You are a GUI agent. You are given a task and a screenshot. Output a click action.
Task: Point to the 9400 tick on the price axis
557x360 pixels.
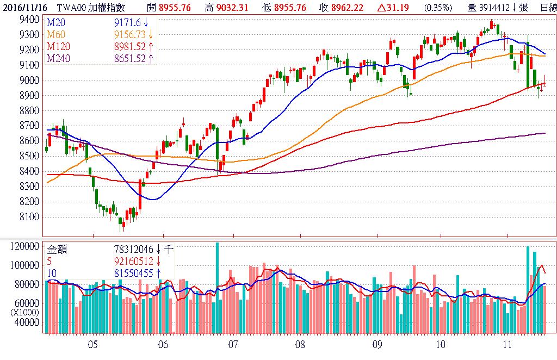pos(29,20)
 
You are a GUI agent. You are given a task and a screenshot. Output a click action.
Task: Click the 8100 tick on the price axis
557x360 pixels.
pos(29,217)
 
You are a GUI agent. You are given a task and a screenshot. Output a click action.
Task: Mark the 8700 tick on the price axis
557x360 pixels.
pos(29,126)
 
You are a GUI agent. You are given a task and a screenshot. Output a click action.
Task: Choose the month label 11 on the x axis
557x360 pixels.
pos(507,344)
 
